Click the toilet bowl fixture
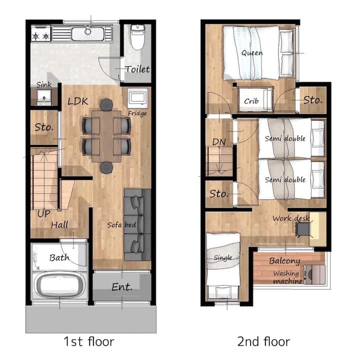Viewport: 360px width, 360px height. pos(137,37)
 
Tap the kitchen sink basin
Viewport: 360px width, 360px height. pos(87,34)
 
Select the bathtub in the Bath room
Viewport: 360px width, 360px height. pos(59,284)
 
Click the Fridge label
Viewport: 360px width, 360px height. pos(137,113)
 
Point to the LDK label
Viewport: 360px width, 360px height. pos(78,101)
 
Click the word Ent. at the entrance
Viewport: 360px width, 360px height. pos(122,287)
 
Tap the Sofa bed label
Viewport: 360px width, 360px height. pos(121,225)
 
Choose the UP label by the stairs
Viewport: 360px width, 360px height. pos(44,214)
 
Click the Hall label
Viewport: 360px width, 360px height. pos(59,225)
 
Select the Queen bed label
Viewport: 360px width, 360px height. pos(252,53)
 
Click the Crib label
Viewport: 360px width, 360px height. pos(251,101)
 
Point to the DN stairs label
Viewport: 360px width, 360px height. pos(219,142)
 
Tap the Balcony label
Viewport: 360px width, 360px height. pos(284,261)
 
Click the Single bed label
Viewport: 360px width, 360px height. pos(222,258)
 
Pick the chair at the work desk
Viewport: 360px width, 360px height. pos(302,229)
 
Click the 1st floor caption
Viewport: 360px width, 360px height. pos(88,341)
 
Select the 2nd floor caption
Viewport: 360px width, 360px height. pos(263,341)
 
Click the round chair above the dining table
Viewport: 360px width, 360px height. pos(106,104)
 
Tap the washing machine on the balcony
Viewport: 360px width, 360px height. pos(314,274)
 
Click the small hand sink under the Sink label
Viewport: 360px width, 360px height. pos(44,96)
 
